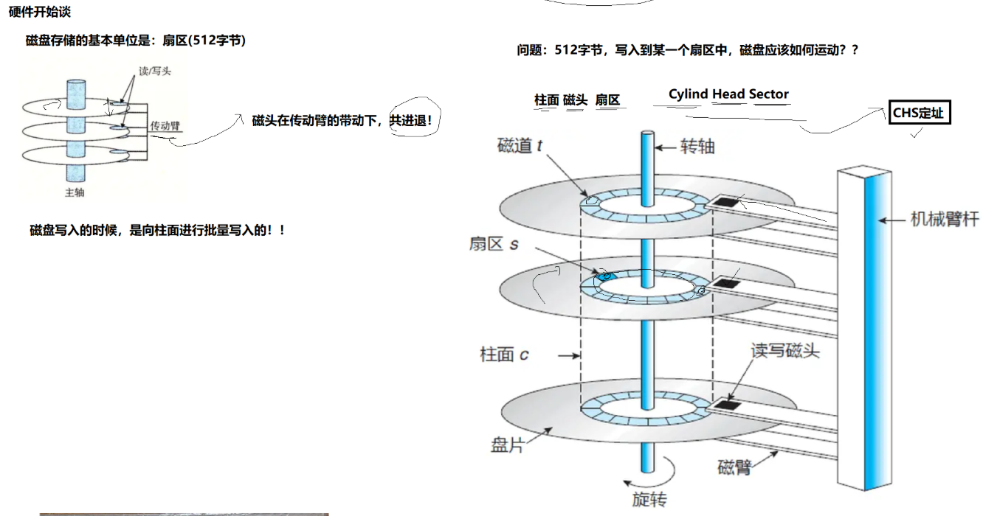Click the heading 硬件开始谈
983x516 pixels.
click(x=40, y=13)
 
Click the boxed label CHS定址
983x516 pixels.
click(x=918, y=114)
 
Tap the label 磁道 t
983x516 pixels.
click(x=520, y=145)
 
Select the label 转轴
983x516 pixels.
click(x=697, y=147)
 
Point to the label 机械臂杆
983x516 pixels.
click(x=944, y=219)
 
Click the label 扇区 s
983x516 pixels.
click(x=494, y=243)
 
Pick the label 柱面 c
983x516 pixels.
click(x=504, y=355)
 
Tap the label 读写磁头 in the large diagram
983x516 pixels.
click(x=785, y=350)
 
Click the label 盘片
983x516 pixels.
click(x=507, y=445)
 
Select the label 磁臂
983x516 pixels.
click(x=734, y=467)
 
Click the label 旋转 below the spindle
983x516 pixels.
click(x=649, y=500)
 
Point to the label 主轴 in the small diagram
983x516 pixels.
click(x=75, y=192)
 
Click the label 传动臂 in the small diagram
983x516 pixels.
click(x=165, y=126)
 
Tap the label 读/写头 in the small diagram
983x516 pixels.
click(x=155, y=72)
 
